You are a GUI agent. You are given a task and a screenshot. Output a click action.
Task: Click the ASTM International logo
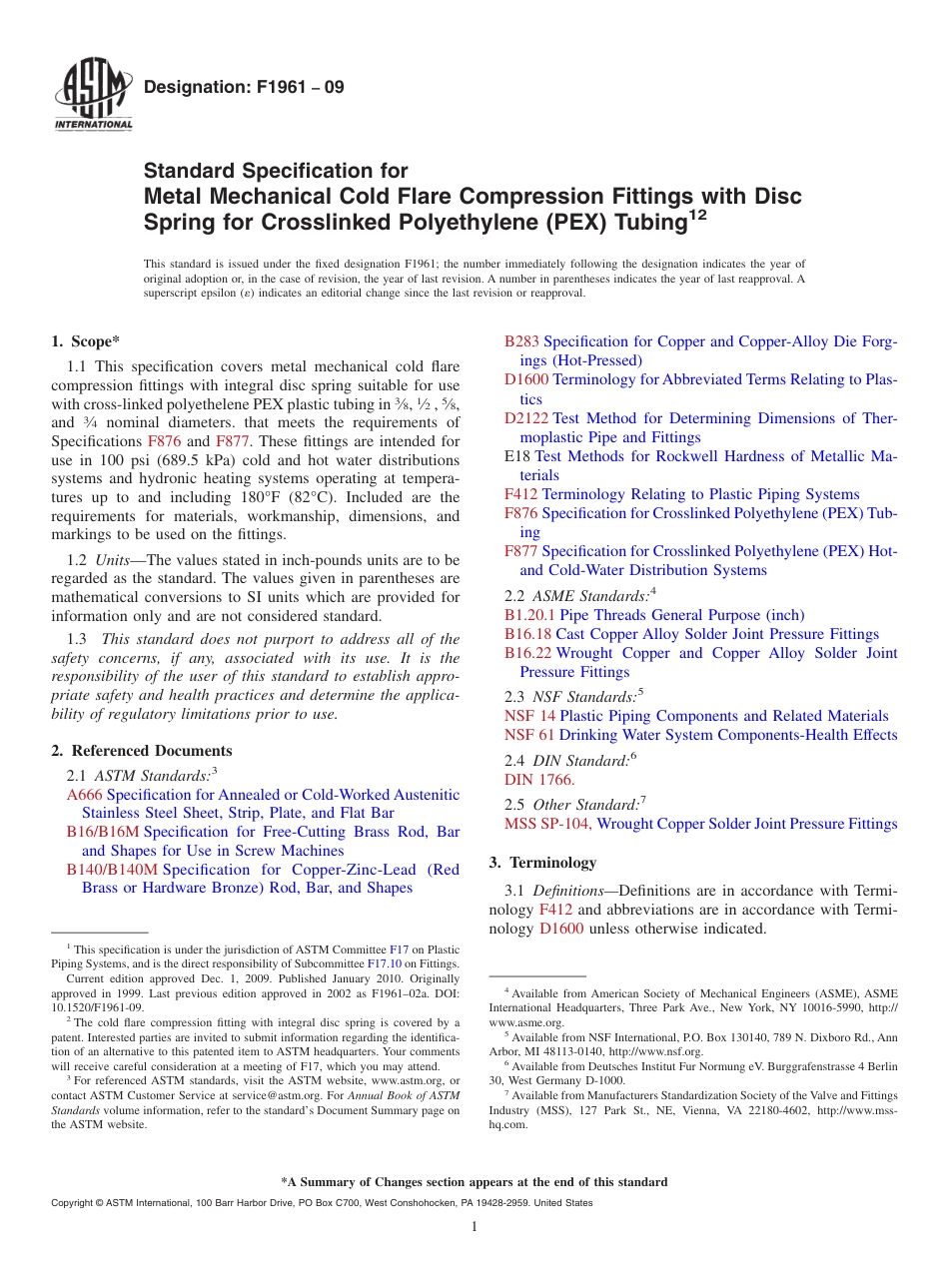click(x=92, y=98)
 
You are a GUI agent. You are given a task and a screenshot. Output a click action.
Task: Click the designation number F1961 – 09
click(x=244, y=87)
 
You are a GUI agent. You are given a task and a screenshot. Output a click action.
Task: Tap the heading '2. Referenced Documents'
click(x=141, y=751)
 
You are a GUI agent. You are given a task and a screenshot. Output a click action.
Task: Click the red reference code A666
click(x=85, y=795)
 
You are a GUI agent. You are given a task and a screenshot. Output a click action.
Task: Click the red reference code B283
click(x=521, y=341)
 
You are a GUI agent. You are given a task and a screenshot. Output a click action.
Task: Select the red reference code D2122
click(x=526, y=418)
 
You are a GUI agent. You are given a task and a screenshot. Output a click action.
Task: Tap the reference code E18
click(x=517, y=456)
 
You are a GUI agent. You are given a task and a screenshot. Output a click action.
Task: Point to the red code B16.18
click(x=527, y=634)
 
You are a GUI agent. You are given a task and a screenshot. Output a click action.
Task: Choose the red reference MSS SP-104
click(x=547, y=824)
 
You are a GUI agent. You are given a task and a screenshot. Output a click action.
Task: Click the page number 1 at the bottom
click(x=474, y=1227)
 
